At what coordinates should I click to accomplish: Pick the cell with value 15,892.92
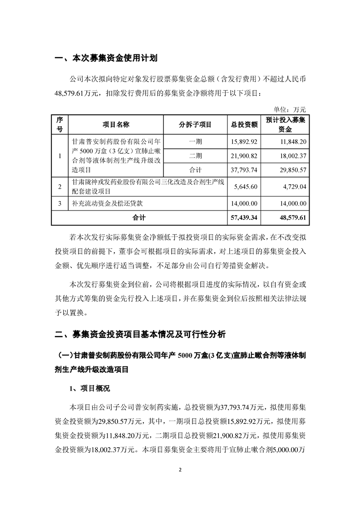(244, 142)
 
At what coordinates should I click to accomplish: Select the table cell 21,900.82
(244, 156)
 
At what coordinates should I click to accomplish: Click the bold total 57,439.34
(244, 218)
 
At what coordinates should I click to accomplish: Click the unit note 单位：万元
(291, 109)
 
